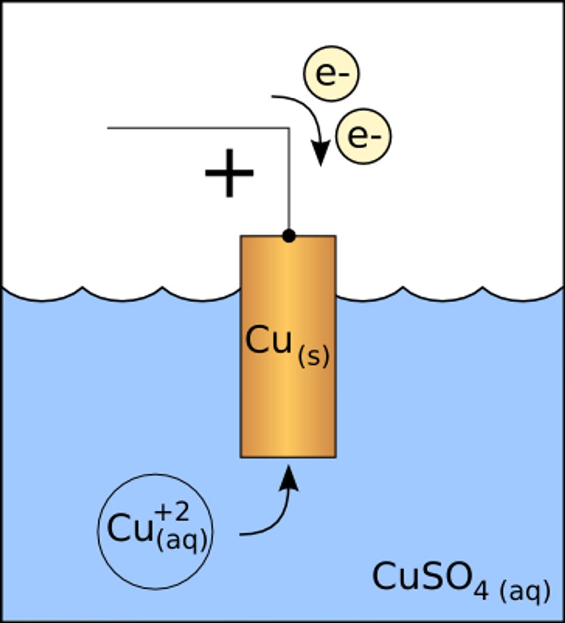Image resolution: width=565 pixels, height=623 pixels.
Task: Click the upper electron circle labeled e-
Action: point(331,74)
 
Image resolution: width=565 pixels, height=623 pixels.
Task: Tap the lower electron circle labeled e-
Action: point(363,136)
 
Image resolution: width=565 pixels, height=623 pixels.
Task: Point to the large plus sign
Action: point(229,173)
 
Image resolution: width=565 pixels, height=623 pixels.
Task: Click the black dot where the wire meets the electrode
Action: point(289,236)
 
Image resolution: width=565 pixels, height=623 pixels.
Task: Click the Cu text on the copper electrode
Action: point(268,341)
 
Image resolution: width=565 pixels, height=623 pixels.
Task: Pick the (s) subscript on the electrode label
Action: point(314,357)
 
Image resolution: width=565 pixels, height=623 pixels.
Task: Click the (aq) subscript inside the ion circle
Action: point(182,539)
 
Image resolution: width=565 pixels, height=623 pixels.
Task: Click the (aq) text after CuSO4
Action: point(525,591)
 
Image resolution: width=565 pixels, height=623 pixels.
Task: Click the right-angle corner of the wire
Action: point(289,128)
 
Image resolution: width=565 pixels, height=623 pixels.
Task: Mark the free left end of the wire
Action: point(108,128)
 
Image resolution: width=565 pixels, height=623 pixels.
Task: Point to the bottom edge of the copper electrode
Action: point(288,457)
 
